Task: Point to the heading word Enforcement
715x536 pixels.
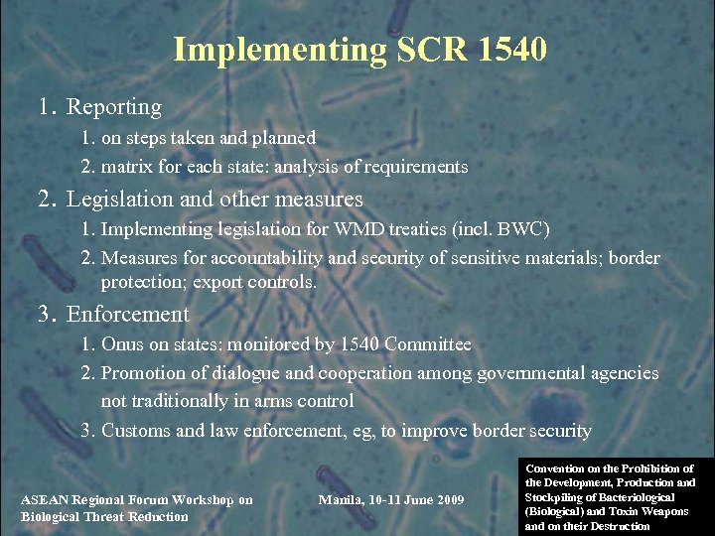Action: (127, 315)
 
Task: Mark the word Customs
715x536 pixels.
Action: (136, 431)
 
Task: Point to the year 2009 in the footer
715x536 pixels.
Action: (445, 498)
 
